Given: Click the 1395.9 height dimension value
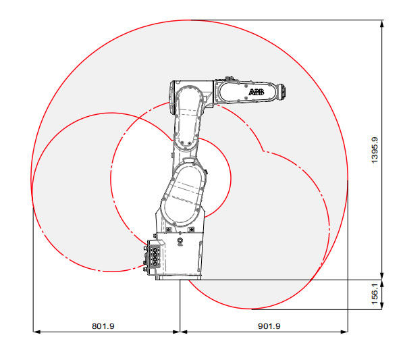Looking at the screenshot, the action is click(x=375, y=150).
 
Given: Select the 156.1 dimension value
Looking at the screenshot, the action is click(x=375, y=294).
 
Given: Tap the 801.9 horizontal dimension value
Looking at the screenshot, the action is click(x=103, y=326).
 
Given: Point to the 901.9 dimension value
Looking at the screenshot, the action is click(x=269, y=326).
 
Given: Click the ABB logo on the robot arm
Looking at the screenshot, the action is click(x=257, y=92).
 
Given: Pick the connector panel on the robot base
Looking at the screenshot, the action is click(x=154, y=257).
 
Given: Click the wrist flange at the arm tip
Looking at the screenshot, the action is click(x=281, y=91).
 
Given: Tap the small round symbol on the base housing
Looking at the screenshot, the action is click(x=180, y=241).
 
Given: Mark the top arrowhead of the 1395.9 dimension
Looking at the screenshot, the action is click(x=382, y=24).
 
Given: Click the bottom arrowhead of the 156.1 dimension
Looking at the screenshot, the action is click(x=382, y=306).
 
